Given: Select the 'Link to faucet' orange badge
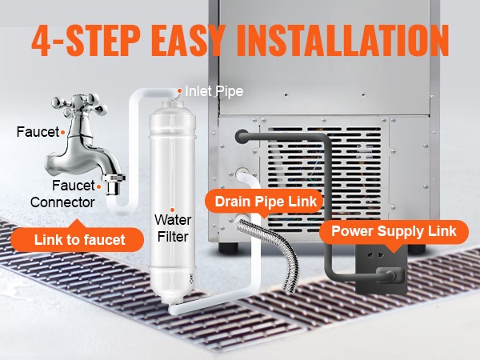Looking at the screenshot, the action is coord(78,239).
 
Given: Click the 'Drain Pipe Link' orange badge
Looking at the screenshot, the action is coord(265,202).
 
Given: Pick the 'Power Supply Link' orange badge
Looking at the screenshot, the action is coord(394,231).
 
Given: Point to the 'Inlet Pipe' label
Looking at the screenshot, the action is coord(214,91).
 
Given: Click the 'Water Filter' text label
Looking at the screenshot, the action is coord(173,228).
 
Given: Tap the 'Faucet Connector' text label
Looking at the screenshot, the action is coord(62,194).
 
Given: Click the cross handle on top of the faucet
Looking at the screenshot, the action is coord(79,102).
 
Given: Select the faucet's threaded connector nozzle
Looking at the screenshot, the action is coord(113,184).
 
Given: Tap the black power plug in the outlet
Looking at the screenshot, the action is coord(391,275).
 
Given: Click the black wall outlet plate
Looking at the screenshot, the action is coord(382,269).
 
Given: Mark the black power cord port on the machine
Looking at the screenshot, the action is coord(242,136).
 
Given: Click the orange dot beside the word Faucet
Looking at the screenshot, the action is coord(62,133).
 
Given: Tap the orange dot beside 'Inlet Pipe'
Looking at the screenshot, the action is coord(180,91).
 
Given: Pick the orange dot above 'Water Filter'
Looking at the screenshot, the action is coord(172,210).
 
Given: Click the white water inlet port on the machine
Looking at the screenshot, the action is coord(242,174).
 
